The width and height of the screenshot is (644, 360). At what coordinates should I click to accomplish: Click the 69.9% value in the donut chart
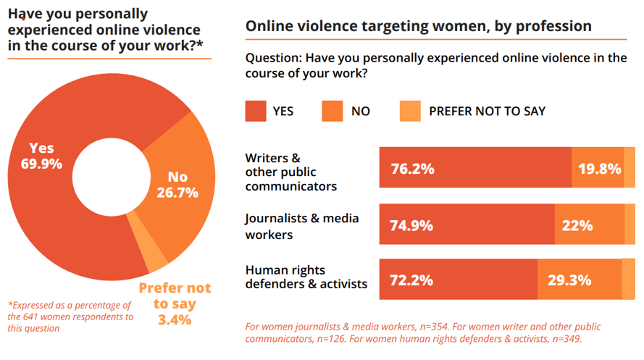[42, 164]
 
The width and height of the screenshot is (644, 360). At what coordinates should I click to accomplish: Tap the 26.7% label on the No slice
[177, 192]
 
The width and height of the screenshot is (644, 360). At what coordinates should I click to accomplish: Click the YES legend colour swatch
[256, 111]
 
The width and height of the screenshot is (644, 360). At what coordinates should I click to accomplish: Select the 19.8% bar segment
[598, 169]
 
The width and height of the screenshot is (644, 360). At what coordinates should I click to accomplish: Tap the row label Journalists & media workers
[302, 225]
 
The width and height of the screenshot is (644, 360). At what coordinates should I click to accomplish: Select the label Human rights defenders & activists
[306, 277]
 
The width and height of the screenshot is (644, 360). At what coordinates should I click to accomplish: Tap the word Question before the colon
[272, 59]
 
